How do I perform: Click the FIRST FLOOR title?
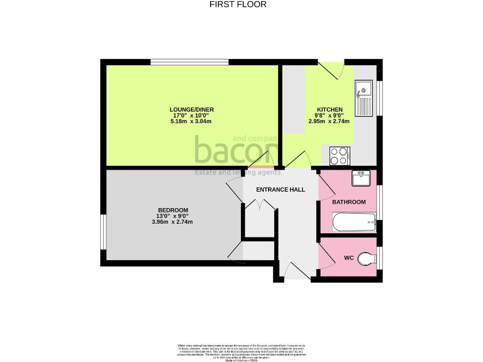pyautogui.click(x=238, y=4)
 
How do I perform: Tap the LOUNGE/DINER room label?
pyautogui.click(x=192, y=109)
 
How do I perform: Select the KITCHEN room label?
pyautogui.click(x=329, y=109)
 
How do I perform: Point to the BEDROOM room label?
pyautogui.click(x=172, y=210)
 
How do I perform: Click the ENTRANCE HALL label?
pyautogui.click(x=280, y=189)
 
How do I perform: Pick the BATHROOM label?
pyautogui.click(x=349, y=202)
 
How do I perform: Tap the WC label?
pyautogui.click(x=349, y=258)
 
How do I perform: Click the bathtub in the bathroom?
pyautogui.click(x=354, y=222)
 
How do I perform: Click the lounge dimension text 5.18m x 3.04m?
pyautogui.click(x=191, y=121)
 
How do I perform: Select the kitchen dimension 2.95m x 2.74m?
pyautogui.click(x=329, y=121)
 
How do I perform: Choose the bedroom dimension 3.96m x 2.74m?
pyautogui.click(x=172, y=222)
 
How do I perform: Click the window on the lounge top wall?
pyautogui.click(x=189, y=61)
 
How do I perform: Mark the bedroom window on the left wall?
pyautogui.click(x=103, y=233)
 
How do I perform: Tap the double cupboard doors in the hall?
pyautogui.click(x=259, y=206)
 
